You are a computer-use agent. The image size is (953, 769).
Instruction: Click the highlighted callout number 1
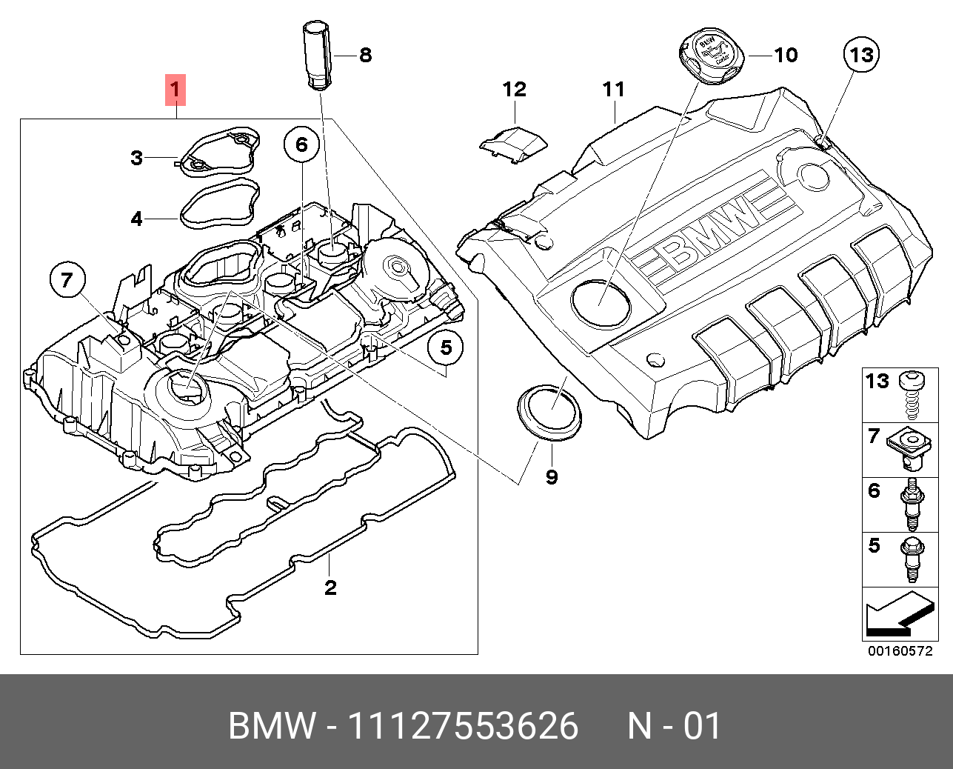[x=175, y=90]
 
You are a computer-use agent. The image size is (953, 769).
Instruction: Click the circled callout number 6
[x=301, y=144]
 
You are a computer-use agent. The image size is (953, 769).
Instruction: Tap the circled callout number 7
[x=67, y=279]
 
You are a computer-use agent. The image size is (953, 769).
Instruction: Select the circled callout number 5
[x=446, y=347]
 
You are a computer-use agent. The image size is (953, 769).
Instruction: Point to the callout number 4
[x=136, y=219]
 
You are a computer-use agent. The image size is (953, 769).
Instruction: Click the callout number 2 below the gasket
[x=330, y=587]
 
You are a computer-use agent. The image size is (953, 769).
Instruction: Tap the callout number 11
[x=614, y=90]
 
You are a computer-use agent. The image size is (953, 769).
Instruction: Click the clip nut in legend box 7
[x=910, y=449]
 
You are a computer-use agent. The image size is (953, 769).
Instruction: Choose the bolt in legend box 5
[x=910, y=559]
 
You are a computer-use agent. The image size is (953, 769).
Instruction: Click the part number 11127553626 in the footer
[x=463, y=726]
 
